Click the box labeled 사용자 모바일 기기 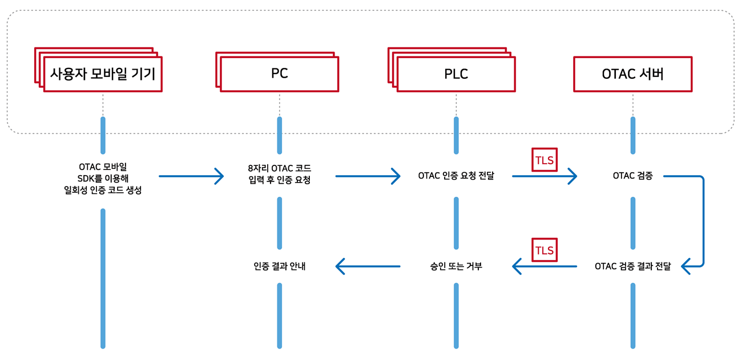(103, 74)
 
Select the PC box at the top (279, 74)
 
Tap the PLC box (455, 74)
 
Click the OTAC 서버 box (632, 74)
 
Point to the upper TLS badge (544, 161)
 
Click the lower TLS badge (544, 250)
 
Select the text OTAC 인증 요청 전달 (456, 176)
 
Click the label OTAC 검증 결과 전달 (632, 266)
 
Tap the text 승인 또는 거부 (456, 266)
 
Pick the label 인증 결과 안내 (280, 266)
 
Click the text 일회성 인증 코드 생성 (103, 191)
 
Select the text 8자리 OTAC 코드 (280, 169)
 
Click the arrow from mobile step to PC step (191, 176)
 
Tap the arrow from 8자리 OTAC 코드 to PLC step (368, 176)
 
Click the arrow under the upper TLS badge (544, 176)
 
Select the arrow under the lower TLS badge (544, 266)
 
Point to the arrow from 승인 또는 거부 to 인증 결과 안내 (368, 266)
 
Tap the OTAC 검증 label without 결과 (632, 176)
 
